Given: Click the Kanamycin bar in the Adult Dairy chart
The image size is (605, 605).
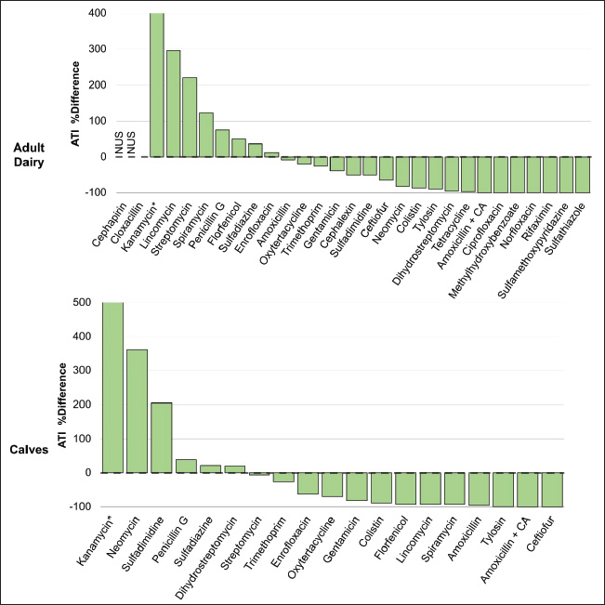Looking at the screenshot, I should tap(156, 85).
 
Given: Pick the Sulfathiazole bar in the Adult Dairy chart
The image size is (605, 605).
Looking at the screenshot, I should tap(583, 175).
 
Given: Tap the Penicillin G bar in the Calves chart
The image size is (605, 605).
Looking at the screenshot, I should tap(187, 466).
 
